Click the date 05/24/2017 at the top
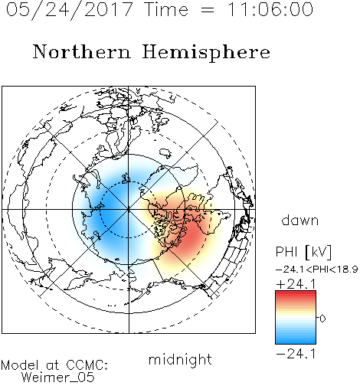(69, 10)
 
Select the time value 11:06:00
(270, 9)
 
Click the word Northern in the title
(82, 51)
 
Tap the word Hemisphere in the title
(206, 53)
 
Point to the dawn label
(300, 220)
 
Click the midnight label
(180, 359)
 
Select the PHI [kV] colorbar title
(303, 252)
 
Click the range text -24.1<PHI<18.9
(316, 270)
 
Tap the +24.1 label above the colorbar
(296, 284)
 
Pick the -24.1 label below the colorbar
(296, 354)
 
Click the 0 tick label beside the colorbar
(322, 319)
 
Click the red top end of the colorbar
(296, 292)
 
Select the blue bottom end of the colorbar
(296, 342)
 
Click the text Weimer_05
(58, 377)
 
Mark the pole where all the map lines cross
(129, 209)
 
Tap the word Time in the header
(166, 9)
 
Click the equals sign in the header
(208, 10)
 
